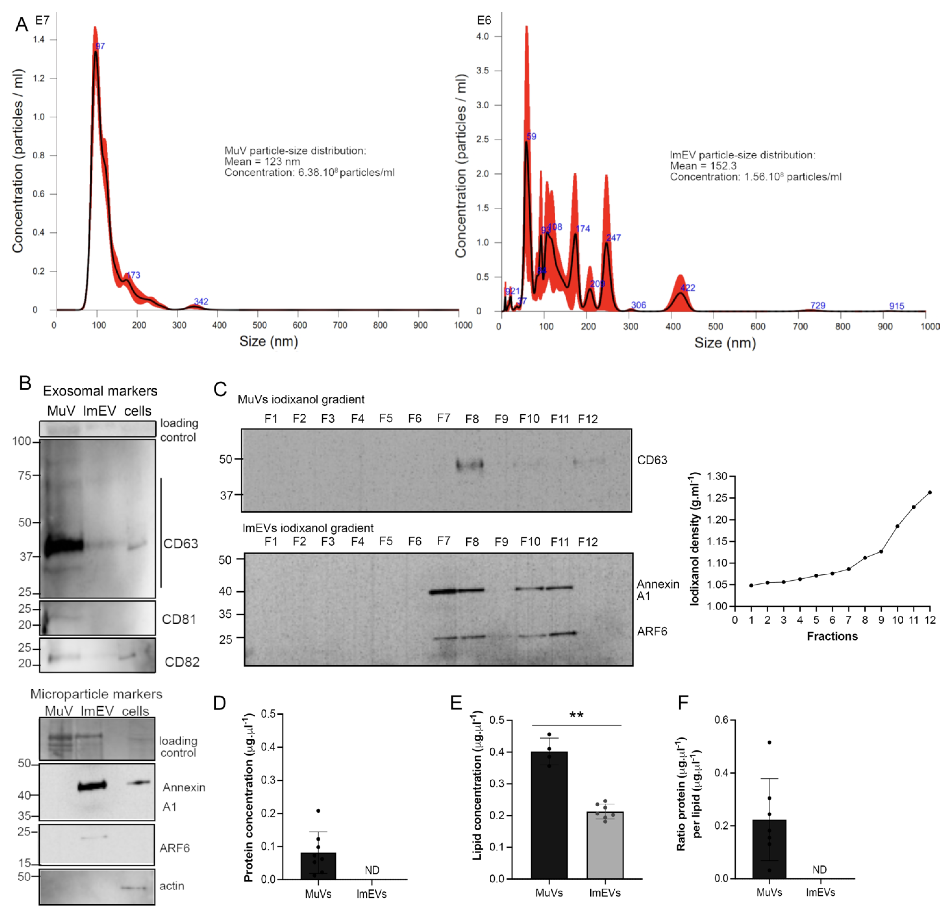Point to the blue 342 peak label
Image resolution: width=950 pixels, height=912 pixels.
[x=201, y=301]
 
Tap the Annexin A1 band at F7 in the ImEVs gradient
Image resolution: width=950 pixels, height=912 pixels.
[x=442, y=591]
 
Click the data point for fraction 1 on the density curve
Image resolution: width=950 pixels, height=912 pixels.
[x=751, y=585]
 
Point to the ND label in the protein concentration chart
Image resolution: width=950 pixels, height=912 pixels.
[x=372, y=870]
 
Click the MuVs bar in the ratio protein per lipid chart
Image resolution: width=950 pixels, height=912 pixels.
[x=769, y=848]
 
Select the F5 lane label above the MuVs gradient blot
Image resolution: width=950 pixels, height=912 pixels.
[x=386, y=418]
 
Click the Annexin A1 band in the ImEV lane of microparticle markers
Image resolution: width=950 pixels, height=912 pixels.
[x=92, y=786]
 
